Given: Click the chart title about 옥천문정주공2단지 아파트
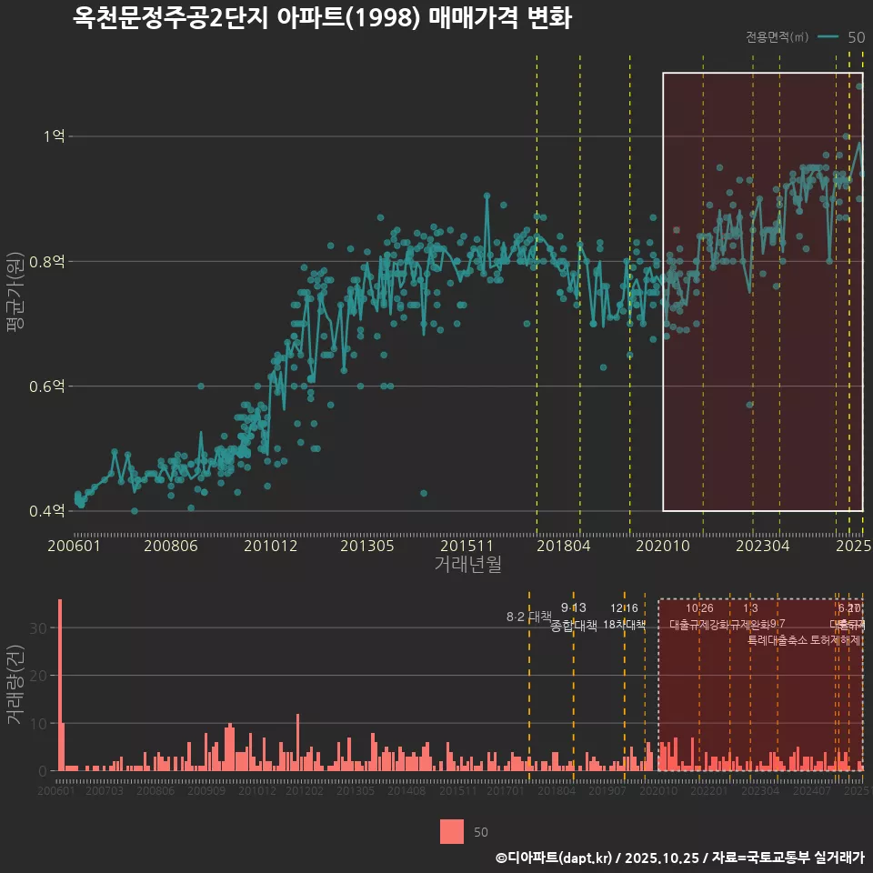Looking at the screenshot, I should click(x=322, y=18).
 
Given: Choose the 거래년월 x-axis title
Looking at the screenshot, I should click(x=467, y=564).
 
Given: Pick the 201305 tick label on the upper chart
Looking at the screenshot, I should click(x=367, y=546).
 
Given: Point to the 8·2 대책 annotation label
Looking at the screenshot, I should click(x=529, y=617).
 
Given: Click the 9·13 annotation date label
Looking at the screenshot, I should click(x=573, y=607).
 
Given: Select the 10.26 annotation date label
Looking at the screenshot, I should click(x=699, y=607).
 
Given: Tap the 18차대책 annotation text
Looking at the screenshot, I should click(x=624, y=625).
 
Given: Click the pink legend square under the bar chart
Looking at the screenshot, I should click(x=452, y=831).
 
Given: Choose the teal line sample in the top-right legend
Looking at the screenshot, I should click(x=828, y=37).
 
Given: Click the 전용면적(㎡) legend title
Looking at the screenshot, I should click(x=777, y=37).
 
